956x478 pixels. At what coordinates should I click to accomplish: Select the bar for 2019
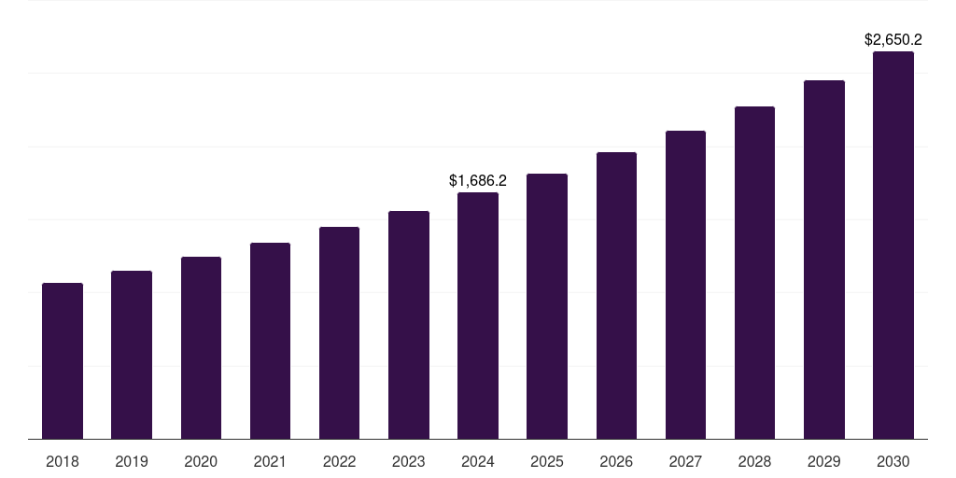[132, 355]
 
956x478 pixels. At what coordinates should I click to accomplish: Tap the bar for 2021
[270, 341]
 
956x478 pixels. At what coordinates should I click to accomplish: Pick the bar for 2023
[409, 325]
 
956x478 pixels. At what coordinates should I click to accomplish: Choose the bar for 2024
[478, 316]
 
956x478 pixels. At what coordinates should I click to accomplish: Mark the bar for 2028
[754, 273]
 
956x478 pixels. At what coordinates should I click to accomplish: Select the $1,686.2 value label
[478, 180]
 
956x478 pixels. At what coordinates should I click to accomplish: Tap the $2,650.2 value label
[893, 40]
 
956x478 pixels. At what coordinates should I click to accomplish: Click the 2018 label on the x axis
[63, 461]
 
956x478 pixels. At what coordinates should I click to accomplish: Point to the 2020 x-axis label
[201, 461]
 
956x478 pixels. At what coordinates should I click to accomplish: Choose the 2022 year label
[339, 461]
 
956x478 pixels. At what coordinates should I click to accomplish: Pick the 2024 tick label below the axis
[478, 461]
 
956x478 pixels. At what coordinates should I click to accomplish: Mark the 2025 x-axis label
[547, 461]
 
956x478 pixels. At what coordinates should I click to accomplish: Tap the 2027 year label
[685, 461]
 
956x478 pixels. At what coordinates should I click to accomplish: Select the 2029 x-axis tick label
[823, 461]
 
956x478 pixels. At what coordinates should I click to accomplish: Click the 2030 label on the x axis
[893, 461]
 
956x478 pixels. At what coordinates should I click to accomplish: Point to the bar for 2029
[823, 260]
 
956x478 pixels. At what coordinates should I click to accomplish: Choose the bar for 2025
[547, 306]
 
